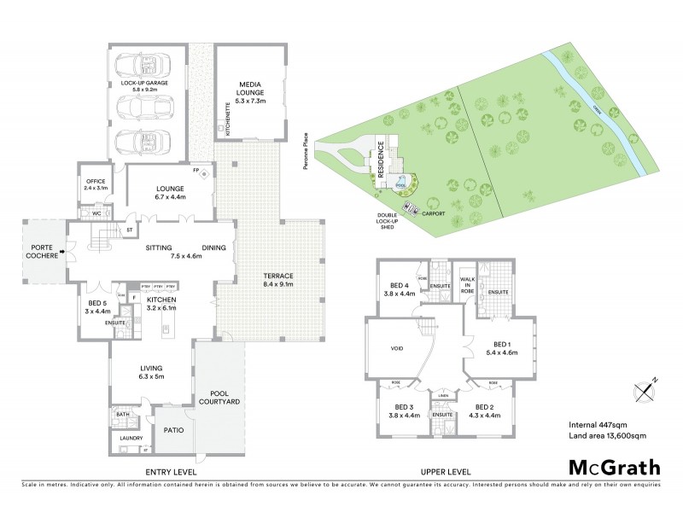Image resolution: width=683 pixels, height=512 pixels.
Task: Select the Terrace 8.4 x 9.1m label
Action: click(x=279, y=280)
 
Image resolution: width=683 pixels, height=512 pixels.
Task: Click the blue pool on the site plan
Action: click(x=400, y=183)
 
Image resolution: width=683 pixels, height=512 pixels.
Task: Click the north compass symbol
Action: click(x=644, y=390)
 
